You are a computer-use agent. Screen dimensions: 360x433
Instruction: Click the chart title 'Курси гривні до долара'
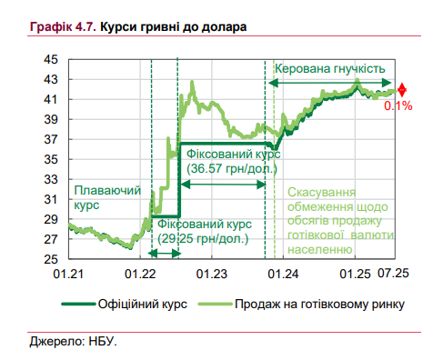172,27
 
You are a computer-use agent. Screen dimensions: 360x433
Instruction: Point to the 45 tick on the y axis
51,59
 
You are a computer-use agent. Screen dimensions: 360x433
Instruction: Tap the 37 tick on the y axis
51,139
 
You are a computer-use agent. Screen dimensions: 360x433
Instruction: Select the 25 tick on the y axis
51,259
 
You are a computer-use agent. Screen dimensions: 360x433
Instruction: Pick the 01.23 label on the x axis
212,273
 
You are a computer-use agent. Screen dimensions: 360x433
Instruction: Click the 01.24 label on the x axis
284,273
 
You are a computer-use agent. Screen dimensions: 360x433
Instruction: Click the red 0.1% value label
398,106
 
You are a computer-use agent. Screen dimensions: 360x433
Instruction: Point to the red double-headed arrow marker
402,91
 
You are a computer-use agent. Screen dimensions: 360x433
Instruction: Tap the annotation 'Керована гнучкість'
330,69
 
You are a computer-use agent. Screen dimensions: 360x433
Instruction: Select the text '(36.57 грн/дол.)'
232,168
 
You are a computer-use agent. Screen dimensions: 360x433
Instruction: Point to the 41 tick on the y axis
51,99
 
